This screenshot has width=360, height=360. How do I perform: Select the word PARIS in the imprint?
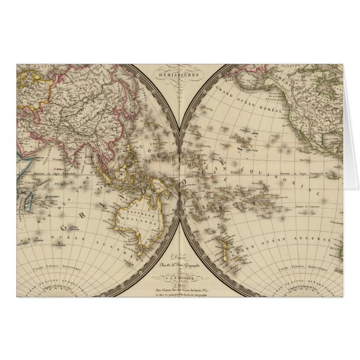[x=179, y=283]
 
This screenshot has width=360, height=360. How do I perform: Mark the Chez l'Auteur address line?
[x=179, y=288]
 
